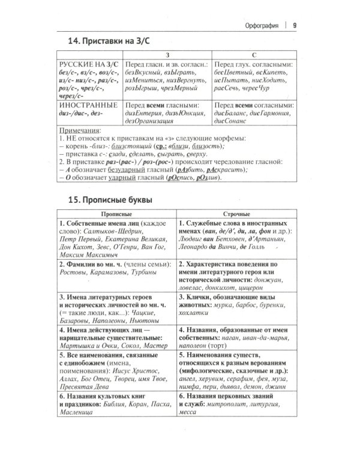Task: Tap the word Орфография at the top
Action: [259, 25]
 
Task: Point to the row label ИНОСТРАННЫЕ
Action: [85, 104]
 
